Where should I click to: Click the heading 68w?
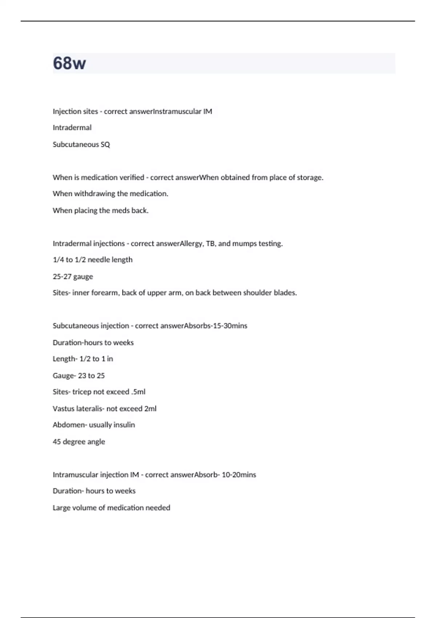click(x=69, y=63)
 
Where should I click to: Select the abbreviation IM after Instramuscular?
click(x=207, y=112)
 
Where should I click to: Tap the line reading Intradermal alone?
click(x=72, y=128)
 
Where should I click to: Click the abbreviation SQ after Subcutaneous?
click(x=105, y=144)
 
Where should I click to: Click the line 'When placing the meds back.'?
click(x=101, y=210)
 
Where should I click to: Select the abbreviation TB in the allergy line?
click(x=210, y=244)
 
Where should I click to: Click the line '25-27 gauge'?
click(x=73, y=277)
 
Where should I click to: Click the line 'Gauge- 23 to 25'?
click(x=78, y=376)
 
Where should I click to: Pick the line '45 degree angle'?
click(x=79, y=442)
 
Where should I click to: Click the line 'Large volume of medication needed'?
click(x=111, y=508)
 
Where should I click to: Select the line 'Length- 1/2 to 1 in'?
click(x=83, y=359)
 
